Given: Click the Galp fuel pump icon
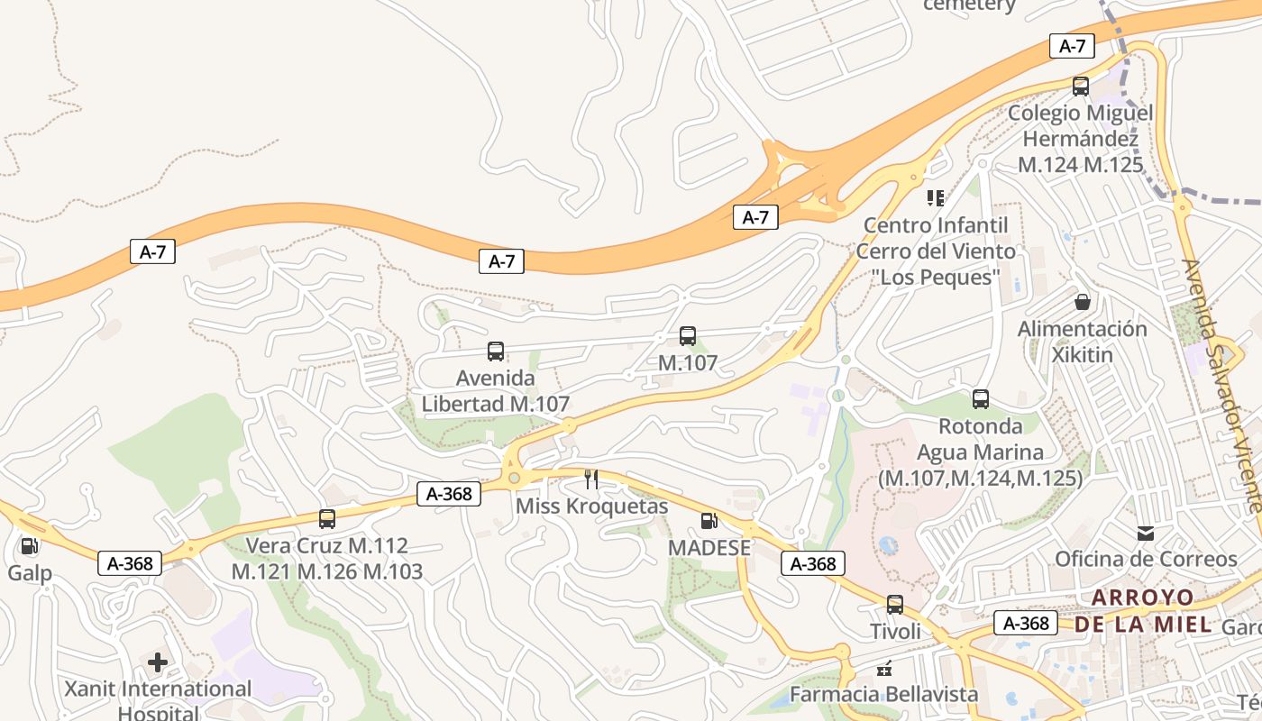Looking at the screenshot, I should (x=29, y=545).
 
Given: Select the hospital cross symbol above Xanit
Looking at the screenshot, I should (x=158, y=663).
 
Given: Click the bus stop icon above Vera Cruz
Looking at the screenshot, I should (x=327, y=519).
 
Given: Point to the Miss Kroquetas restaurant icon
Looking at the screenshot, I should (x=591, y=479).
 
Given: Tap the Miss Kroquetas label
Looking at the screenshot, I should (x=591, y=506).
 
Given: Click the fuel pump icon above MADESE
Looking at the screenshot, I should (x=709, y=520).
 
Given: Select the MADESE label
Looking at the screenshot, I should (x=709, y=548).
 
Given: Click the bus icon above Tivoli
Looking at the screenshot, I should (x=895, y=605).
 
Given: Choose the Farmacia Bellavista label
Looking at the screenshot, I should (x=883, y=694).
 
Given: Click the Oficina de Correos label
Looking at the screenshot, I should (x=1146, y=559).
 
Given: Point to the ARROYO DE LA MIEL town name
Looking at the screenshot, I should (x=1143, y=610).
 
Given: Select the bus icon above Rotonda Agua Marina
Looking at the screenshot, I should (x=981, y=398).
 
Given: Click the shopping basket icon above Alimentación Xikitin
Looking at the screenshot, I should (x=1082, y=301).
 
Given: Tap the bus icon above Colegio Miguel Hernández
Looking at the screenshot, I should (x=1080, y=87).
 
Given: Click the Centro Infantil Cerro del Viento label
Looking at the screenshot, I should (x=936, y=251).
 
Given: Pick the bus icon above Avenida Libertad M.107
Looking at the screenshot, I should (x=496, y=351).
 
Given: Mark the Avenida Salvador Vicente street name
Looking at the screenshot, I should (x=1221, y=383).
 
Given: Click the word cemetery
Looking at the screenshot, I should (x=969, y=5).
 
